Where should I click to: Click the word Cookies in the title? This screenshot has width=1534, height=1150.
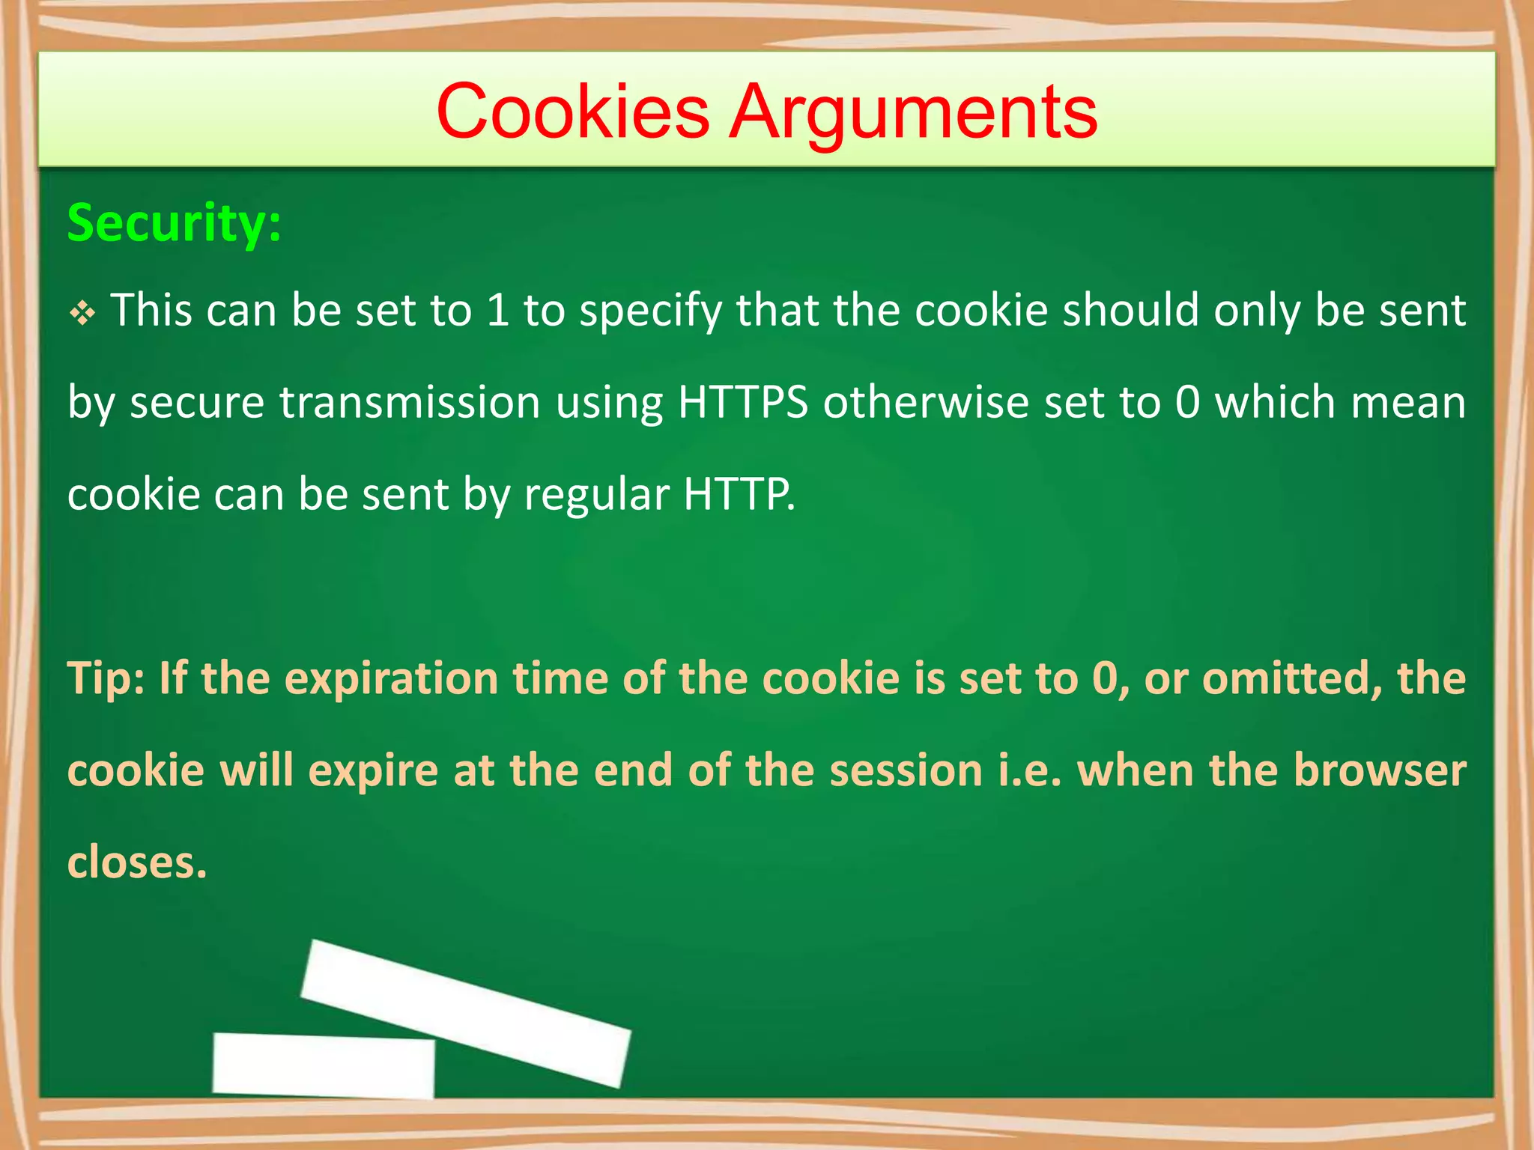tap(572, 112)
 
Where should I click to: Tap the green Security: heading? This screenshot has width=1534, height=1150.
tap(175, 222)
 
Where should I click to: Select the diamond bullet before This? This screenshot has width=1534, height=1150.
tap(82, 313)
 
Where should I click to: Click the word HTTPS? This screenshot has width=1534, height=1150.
tap(742, 402)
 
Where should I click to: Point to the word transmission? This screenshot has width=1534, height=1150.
tap(410, 402)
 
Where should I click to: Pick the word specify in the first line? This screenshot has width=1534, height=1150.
tap(650, 311)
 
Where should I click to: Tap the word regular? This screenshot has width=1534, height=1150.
tap(596, 494)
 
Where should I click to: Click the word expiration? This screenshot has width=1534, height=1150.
tap(392, 678)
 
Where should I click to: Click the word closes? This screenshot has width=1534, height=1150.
tap(136, 862)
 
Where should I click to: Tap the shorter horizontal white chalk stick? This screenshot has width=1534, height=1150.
tap(324, 1065)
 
